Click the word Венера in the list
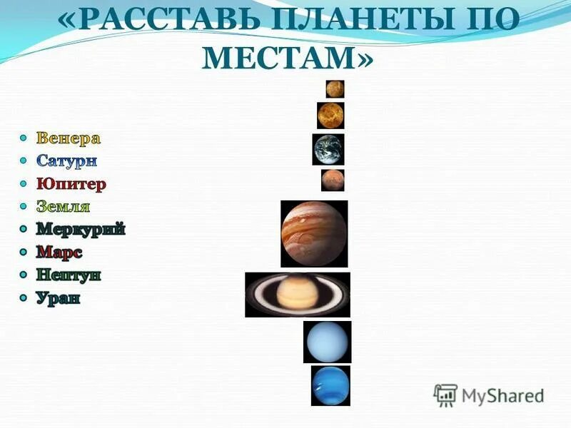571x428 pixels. point(69,138)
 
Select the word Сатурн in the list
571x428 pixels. point(66,160)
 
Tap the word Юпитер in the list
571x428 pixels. point(71,183)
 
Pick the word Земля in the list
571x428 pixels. point(64,206)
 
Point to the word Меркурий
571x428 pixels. point(81,229)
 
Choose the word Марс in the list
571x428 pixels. point(59,252)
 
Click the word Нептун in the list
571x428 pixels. point(69,275)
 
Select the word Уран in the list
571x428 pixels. point(59,297)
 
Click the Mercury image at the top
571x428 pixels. point(335,89)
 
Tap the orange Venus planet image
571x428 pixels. point(330,116)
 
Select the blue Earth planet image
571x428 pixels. point(328,149)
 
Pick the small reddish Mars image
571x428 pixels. point(332,180)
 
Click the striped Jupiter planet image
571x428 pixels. point(314,233)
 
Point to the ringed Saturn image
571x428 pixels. point(298,295)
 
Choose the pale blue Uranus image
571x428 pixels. point(327,342)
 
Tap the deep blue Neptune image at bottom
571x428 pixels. point(330,385)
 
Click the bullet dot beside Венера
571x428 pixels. point(24,137)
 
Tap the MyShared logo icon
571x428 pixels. point(445,394)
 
